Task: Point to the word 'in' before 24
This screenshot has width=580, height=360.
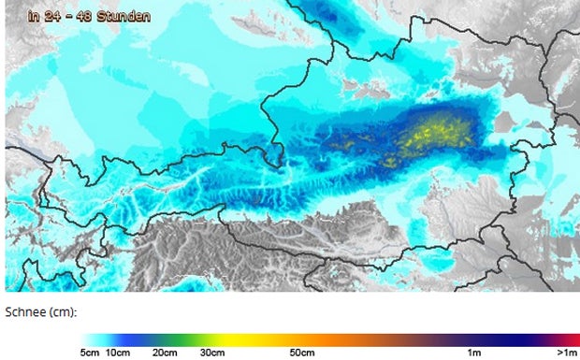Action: [33, 16]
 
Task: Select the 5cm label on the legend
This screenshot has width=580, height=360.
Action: [90, 353]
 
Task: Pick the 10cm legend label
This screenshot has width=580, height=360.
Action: [118, 353]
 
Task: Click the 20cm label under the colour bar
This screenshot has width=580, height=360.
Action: [166, 353]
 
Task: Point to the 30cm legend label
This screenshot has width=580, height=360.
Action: [212, 353]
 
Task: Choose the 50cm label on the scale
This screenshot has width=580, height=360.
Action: [301, 353]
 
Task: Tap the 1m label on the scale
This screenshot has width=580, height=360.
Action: [475, 353]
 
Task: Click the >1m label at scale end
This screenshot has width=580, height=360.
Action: [566, 353]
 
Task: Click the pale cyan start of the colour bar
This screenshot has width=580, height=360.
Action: [88, 338]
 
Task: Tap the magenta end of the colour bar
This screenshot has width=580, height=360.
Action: [573, 338]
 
